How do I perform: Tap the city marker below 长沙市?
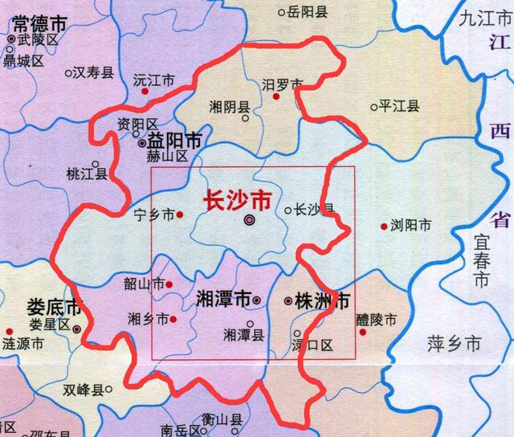[x=249, y=218]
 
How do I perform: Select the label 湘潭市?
[x=223, y=300]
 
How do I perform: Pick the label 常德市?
[x=31, y=22]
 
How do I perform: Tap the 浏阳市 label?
[x=410, y=225]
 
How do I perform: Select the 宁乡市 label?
[x=154, y=214]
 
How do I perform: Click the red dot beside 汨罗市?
[x=276, y=96]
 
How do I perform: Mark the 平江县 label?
[x=400, y=106]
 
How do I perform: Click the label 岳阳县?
[x=308, y=12]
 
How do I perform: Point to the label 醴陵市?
[x=377, y=318]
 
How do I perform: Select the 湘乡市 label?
[x=147, y=319]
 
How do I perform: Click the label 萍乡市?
[x=452, y=344]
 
